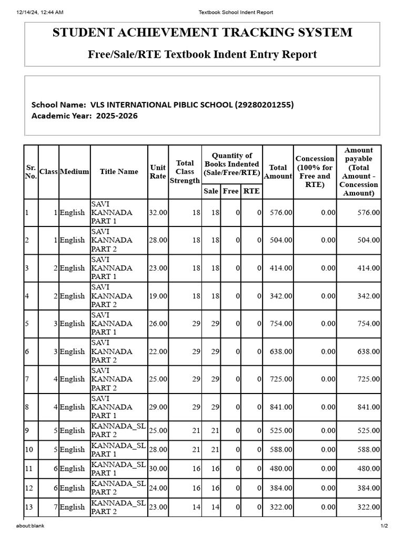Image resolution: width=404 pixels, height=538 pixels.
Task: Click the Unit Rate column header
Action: coord(158,172)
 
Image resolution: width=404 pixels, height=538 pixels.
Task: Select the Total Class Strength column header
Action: coord(185,172)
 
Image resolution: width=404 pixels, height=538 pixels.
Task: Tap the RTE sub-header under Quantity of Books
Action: coord(251,191)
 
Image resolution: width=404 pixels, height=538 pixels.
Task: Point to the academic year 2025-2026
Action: coord(117,116)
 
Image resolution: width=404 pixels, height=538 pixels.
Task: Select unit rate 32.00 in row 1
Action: coord(158,213)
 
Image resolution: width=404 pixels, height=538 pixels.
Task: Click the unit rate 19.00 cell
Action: coord(158,296)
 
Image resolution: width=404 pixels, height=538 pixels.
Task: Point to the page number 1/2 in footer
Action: coord(384,526)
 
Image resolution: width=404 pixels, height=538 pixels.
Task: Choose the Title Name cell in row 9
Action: coord(118,430)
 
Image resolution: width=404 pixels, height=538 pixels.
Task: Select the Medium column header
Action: coord(74,172)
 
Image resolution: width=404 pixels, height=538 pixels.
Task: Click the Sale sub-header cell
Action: coord(211,191)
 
